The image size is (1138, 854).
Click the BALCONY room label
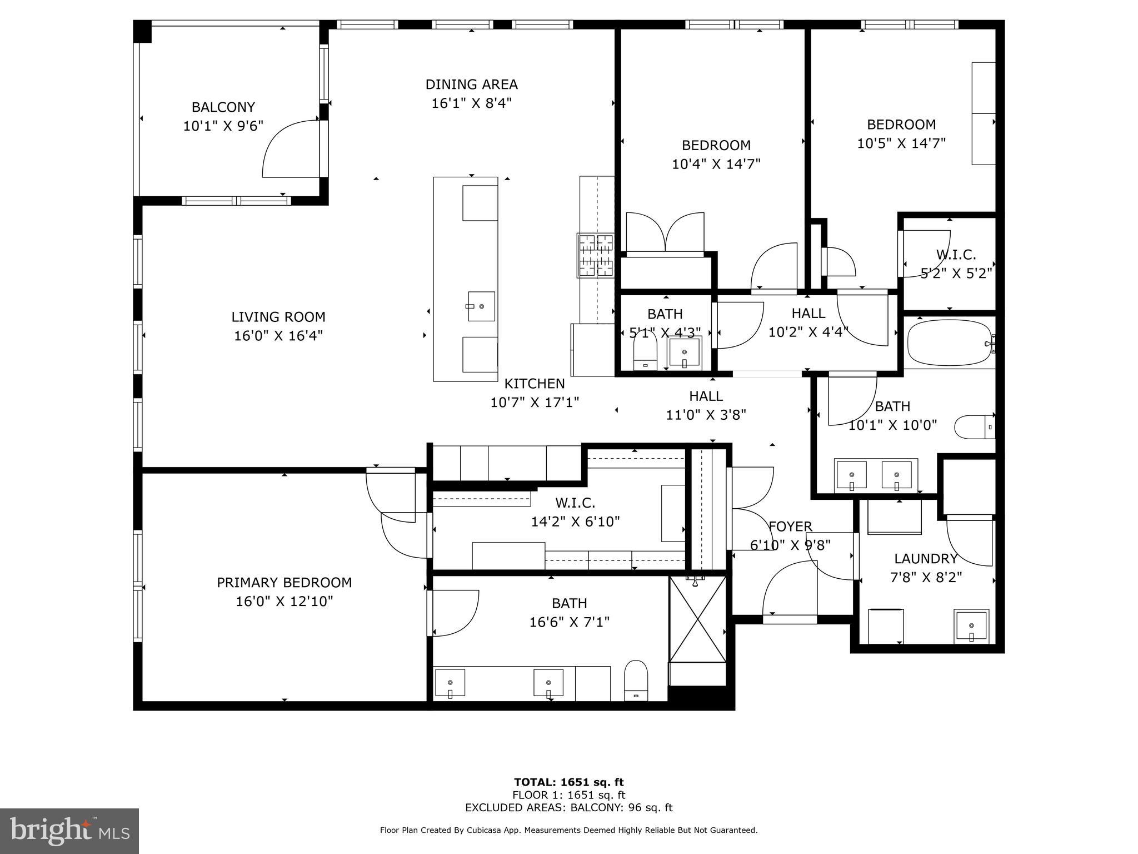click(x=223, y=107)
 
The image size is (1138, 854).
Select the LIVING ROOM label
click(x=278, y=317)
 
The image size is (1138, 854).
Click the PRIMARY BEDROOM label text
click(x=284, y=582)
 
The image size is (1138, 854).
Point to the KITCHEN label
click(x=534, y=384)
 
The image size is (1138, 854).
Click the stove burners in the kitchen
click(x=596, y=255)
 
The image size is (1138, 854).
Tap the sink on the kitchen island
click(x=481, y=306)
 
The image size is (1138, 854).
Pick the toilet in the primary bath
click(x=636, y=680)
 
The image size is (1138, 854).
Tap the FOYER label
click(x=790, y=526)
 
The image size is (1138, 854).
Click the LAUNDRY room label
click(x=926, y=559)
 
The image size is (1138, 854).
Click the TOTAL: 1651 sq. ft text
click(x=568, y=782)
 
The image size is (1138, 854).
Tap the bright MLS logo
click(x=69, y=831)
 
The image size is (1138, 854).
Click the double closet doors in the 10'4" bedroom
click(x=665, y=234)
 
